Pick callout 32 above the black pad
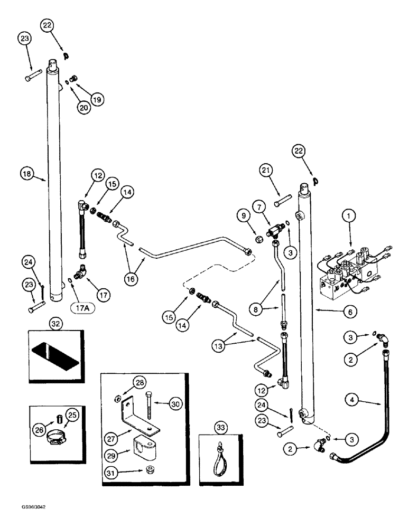pos(55,322)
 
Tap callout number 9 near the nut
pos(243,216)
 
